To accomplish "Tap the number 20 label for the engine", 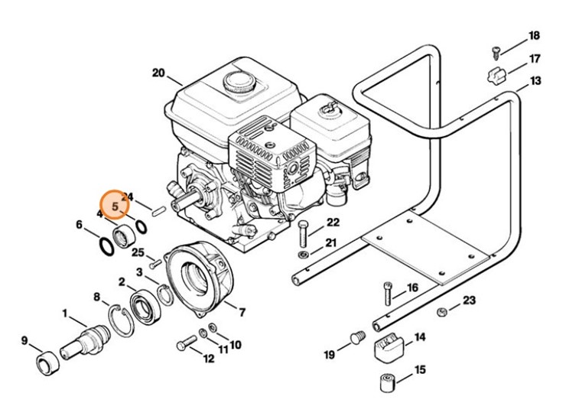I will (158, 73).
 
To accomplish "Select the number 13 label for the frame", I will (535, 81).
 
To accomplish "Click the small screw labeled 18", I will (496, 52).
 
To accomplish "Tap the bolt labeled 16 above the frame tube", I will (388, 293).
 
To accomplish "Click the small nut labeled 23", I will (442, 311).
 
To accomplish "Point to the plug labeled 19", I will (355, 338).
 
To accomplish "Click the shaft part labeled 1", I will (86, 336).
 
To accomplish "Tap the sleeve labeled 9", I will (47, 362).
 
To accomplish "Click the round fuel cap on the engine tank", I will (235, 80).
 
